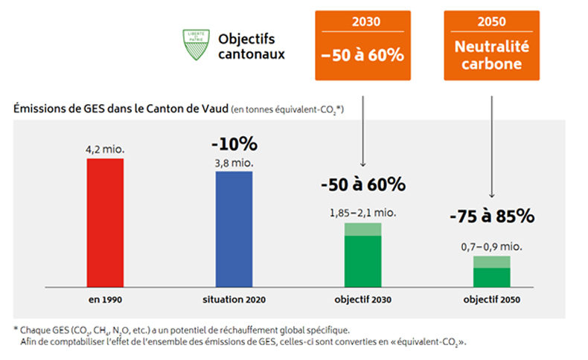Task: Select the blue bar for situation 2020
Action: coord(234,229)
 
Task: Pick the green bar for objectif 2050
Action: coord(492,271)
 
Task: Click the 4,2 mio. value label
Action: coord(105,150)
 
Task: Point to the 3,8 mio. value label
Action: coord(234,161)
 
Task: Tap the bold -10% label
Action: coord(234,144)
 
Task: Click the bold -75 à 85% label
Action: coord(492,217)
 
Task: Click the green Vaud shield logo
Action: coord(195,44)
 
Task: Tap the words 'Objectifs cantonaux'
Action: coord(252,45)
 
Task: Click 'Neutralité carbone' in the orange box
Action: coord(491,54)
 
